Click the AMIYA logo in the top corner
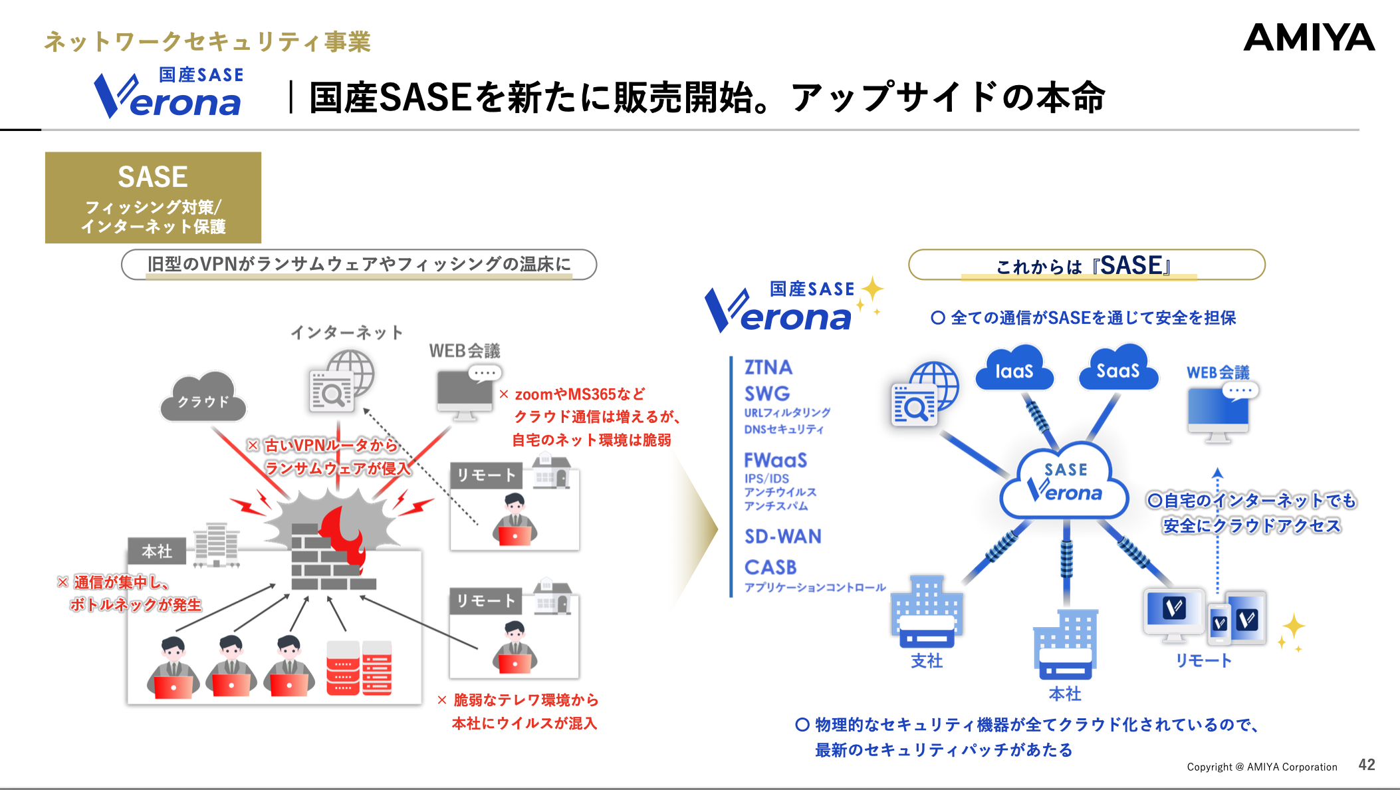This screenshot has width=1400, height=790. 1308,38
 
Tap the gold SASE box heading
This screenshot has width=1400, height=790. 153,178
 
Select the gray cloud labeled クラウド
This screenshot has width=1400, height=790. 203,398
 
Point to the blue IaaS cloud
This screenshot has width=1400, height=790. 1014,370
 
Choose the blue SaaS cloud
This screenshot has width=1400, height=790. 1117,370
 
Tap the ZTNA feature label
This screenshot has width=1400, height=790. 768,368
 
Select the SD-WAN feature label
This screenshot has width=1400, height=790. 783,537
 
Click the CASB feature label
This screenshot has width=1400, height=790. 770,567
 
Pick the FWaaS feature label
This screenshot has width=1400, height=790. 775,460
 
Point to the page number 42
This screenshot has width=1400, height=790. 1367,765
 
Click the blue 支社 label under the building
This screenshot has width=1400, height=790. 927,661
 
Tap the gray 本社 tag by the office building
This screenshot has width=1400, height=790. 157,551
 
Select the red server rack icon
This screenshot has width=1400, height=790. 359,668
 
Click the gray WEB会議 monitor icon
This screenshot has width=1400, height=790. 465,394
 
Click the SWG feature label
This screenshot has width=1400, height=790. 767,394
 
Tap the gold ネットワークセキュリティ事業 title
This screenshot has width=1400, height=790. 207,42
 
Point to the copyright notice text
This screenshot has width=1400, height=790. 1262,767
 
